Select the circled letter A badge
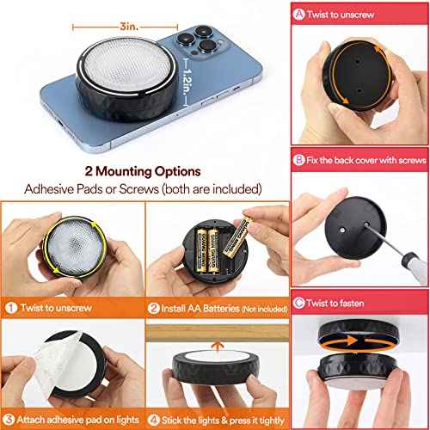[x=300, y=13]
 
